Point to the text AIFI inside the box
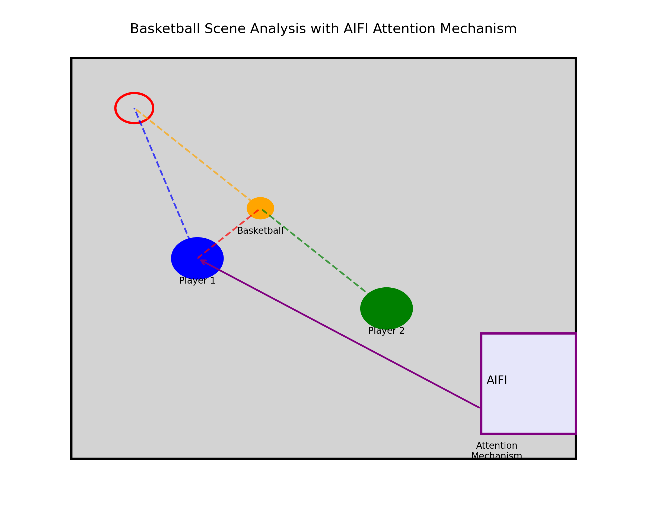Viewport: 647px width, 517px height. (497, 380)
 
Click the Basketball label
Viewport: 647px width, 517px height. (260, 231)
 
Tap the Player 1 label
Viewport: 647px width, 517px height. (197, 281)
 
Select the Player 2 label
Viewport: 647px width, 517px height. (386, 331)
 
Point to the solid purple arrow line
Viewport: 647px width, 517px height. (339, 333)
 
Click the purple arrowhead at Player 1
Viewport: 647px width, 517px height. (203, 262)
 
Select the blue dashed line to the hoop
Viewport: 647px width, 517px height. (162, 174)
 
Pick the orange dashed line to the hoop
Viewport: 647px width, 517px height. (192, 155)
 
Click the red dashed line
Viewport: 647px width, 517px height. (228, 234)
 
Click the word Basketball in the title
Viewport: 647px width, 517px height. (165, 29)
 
